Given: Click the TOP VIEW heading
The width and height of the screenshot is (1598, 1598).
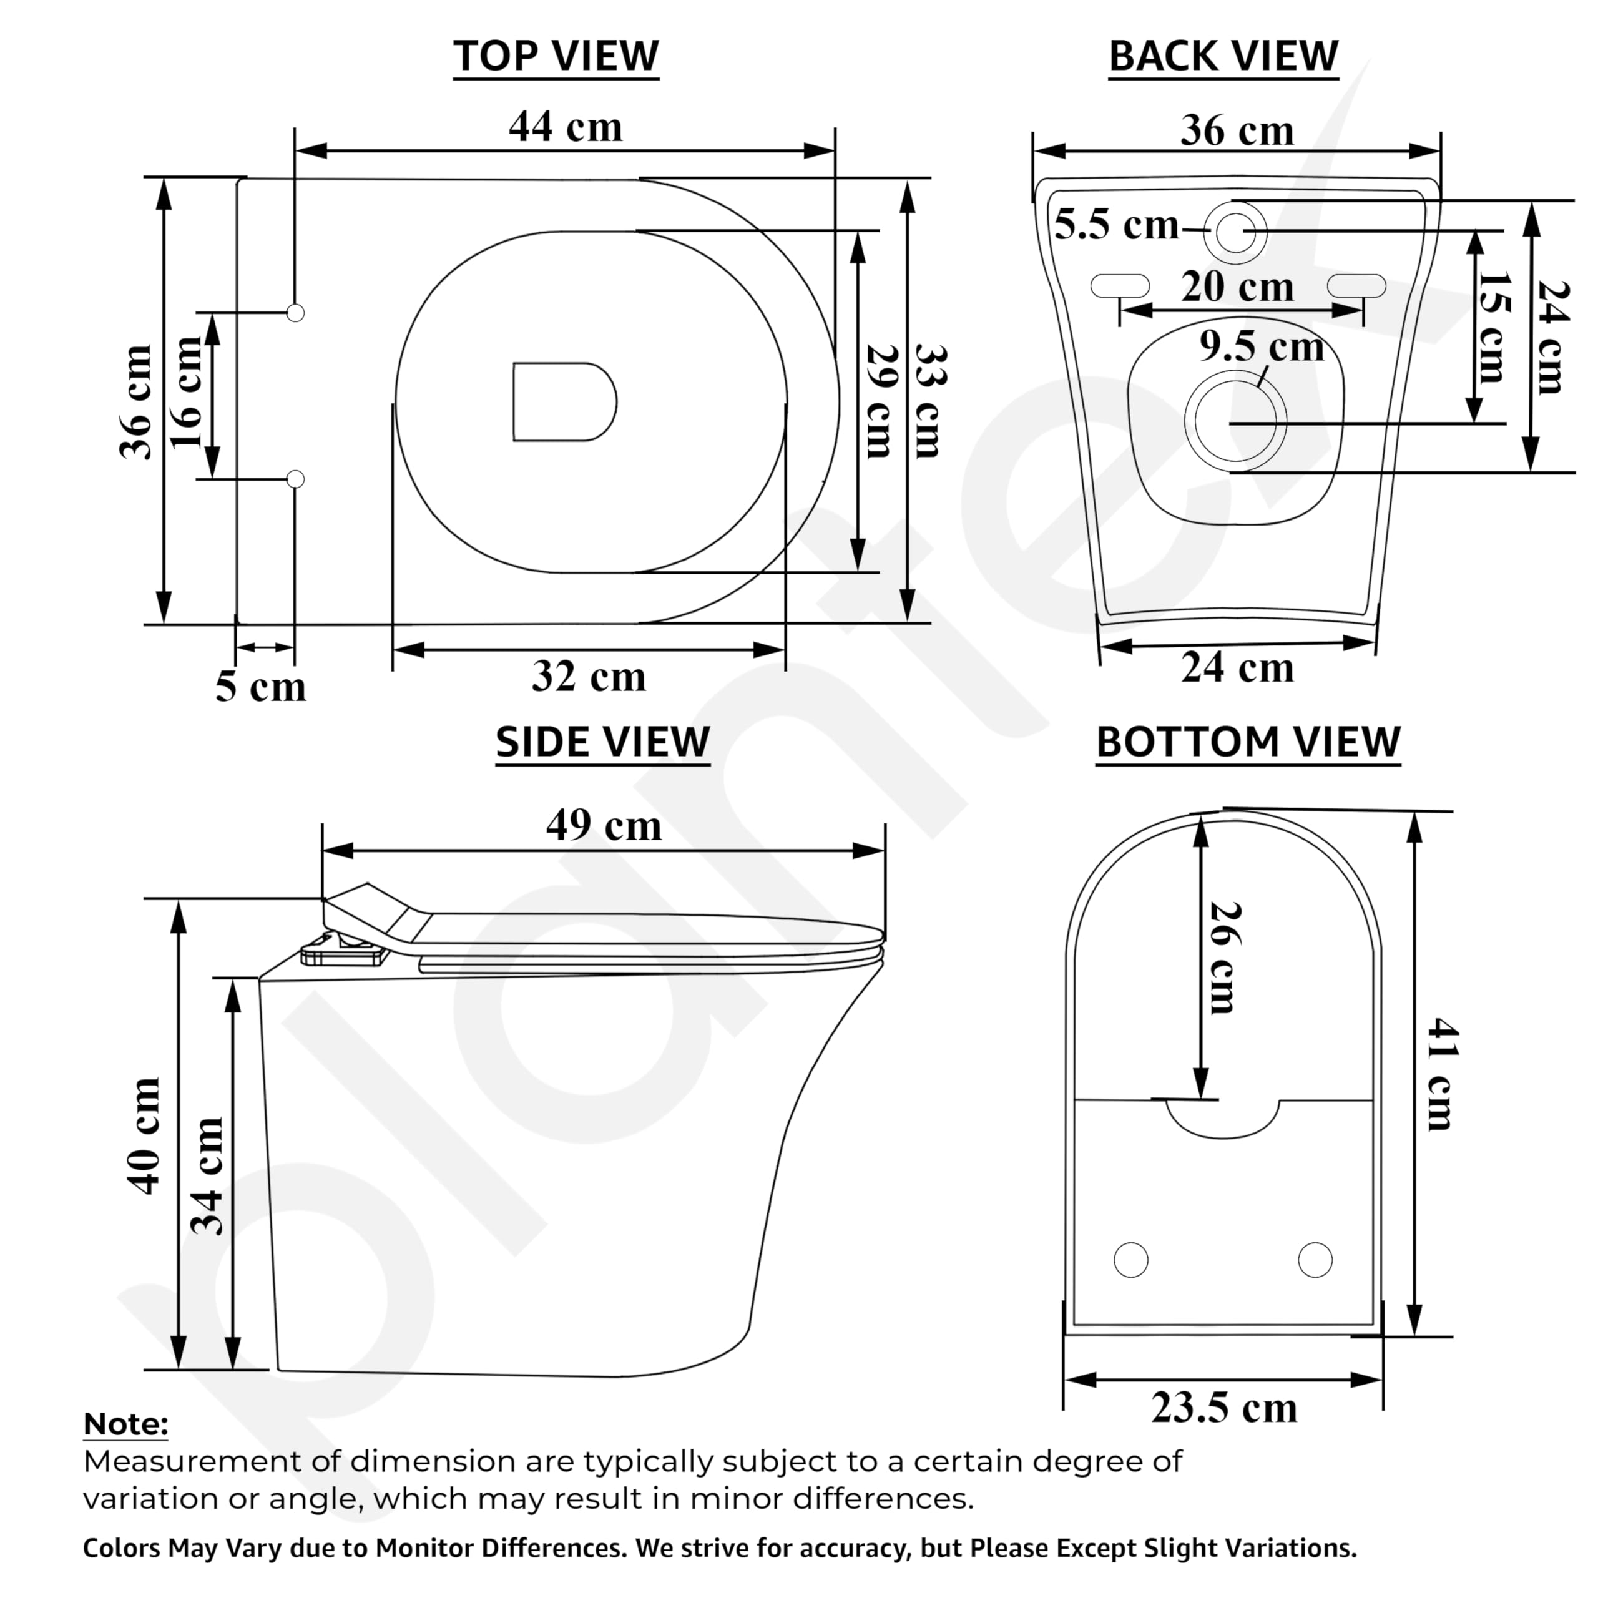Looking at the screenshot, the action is pyautogui.click(x=556, y=56).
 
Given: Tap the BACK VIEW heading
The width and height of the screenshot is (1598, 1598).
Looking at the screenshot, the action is pyautogui.click(x=1223, y=56).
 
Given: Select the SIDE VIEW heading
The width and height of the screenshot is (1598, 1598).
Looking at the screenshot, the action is pyautogui.click(x=603, y=742).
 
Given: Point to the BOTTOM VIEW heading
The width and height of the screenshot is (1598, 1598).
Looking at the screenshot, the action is pyautogui.click(x=1248, y=742).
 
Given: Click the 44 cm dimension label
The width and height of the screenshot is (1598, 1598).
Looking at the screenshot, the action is pyautogui.click(x=566, y=127).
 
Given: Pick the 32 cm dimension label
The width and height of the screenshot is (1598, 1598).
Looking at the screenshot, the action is pyautogui.click(x=589, y=676).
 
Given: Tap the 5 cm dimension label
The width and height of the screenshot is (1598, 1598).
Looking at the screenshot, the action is pyautogui.click(x=260, y=687).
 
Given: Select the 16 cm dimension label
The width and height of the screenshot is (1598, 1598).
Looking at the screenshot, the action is pyautogui.click(x=187, y=392).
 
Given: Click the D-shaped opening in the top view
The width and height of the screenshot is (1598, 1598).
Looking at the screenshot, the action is pyautogui.click(x=565, y=401).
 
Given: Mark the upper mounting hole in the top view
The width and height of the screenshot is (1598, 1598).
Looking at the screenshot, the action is pyautogui.click(x=295, y=313).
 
